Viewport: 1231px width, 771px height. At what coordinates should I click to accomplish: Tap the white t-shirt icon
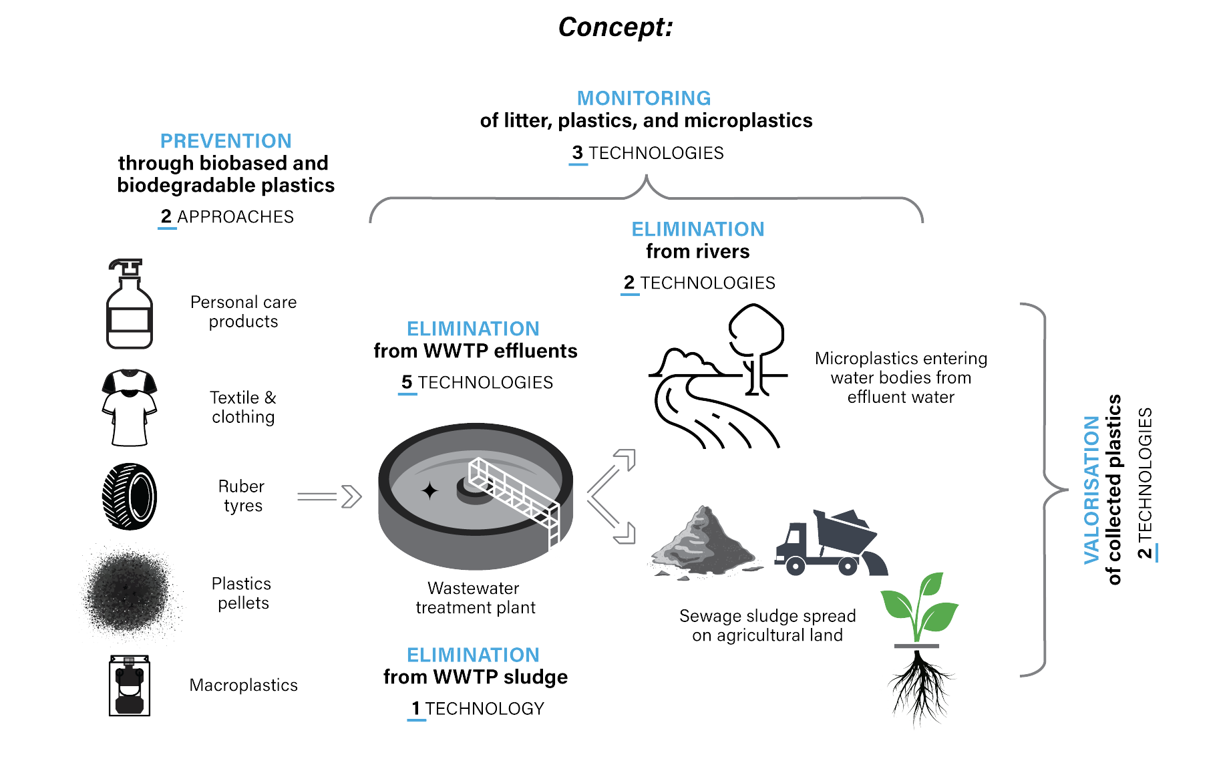tap(129, 408)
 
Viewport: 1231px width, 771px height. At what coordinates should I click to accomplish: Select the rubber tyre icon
tap(129, 496)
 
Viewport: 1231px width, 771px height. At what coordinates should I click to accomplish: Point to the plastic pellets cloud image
tap(129, 591)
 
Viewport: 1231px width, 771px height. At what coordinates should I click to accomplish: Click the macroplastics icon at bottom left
tap(129, 685)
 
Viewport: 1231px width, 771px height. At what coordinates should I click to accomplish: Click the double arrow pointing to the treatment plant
tap(329, 496)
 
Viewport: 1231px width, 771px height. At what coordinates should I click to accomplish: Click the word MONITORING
tap(643, 98)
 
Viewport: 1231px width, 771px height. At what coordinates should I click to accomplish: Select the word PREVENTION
tap(226, 141)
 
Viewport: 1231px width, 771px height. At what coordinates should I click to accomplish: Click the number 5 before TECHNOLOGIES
tap(407, 382)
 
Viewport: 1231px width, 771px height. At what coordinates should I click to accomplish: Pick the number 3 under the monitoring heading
tap(578, 153)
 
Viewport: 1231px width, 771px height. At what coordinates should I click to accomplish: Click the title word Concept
tap(614, 27)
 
